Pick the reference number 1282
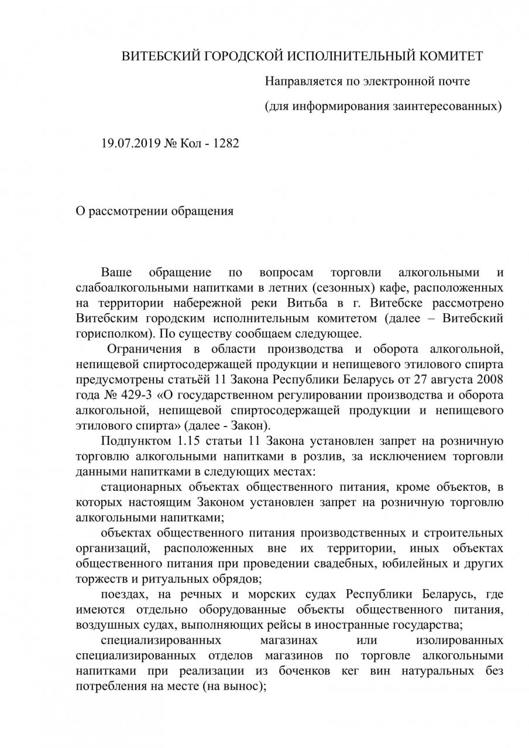point(225,143)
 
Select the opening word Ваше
point(116,273)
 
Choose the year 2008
point(490,379)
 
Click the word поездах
point(122,594)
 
